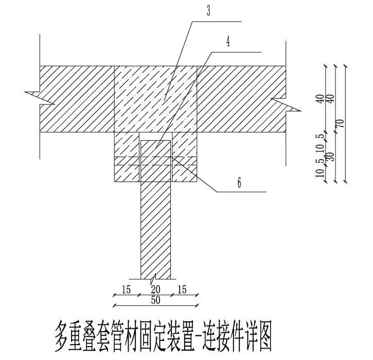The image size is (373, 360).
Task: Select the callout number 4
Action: (x=228, y=42)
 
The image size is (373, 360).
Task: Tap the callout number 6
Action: (x=240, y=182)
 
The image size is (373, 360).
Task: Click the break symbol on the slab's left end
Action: (x=33, y=94)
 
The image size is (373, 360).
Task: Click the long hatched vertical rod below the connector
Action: (x=156, y=227)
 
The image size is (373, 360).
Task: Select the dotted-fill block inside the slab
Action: (x=155, y=98)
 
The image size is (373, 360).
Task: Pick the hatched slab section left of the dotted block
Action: (x=77, y=98)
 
